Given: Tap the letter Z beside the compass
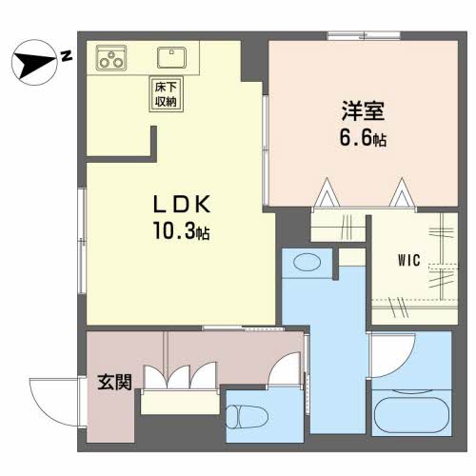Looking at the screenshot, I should [66, 56].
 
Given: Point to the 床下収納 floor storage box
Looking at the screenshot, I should [164, 94].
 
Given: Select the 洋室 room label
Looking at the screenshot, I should [352, 110].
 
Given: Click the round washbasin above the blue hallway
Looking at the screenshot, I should [307, 262].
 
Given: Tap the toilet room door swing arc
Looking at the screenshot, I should [285, 372].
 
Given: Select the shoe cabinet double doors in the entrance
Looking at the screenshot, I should [180, 377].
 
